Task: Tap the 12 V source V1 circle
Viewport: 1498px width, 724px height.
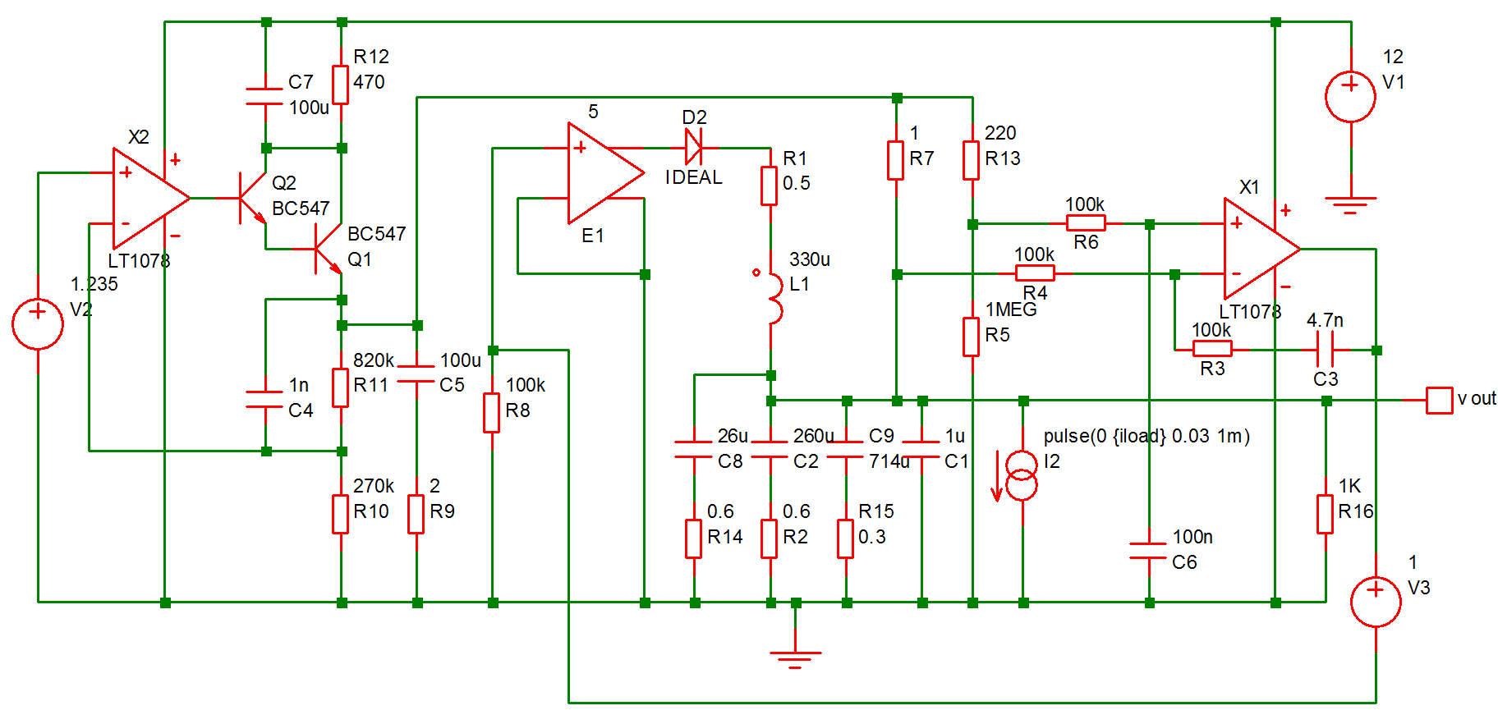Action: click(1350, 97)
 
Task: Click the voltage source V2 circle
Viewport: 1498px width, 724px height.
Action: click(38, 324)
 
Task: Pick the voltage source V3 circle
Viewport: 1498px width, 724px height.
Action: click(1376, 602)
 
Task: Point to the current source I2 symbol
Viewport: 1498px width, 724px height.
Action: click(1022, 475)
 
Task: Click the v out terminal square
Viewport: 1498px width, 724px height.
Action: click(1439, 400)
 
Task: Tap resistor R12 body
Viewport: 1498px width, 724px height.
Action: click(341, 85)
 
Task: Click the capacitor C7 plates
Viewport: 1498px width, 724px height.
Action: click(265, 96)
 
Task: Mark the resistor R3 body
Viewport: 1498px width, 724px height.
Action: click(1211, 349)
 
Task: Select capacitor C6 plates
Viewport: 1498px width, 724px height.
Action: click(1148, 550)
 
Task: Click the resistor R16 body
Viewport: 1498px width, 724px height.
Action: click(1325, 514)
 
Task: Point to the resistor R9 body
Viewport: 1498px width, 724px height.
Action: click(416, 514)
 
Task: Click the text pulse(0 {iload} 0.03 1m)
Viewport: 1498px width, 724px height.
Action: click(1146, 436)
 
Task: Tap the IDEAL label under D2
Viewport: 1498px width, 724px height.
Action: click(693, 177)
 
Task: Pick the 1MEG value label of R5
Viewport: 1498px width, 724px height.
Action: click(1010, 309)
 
